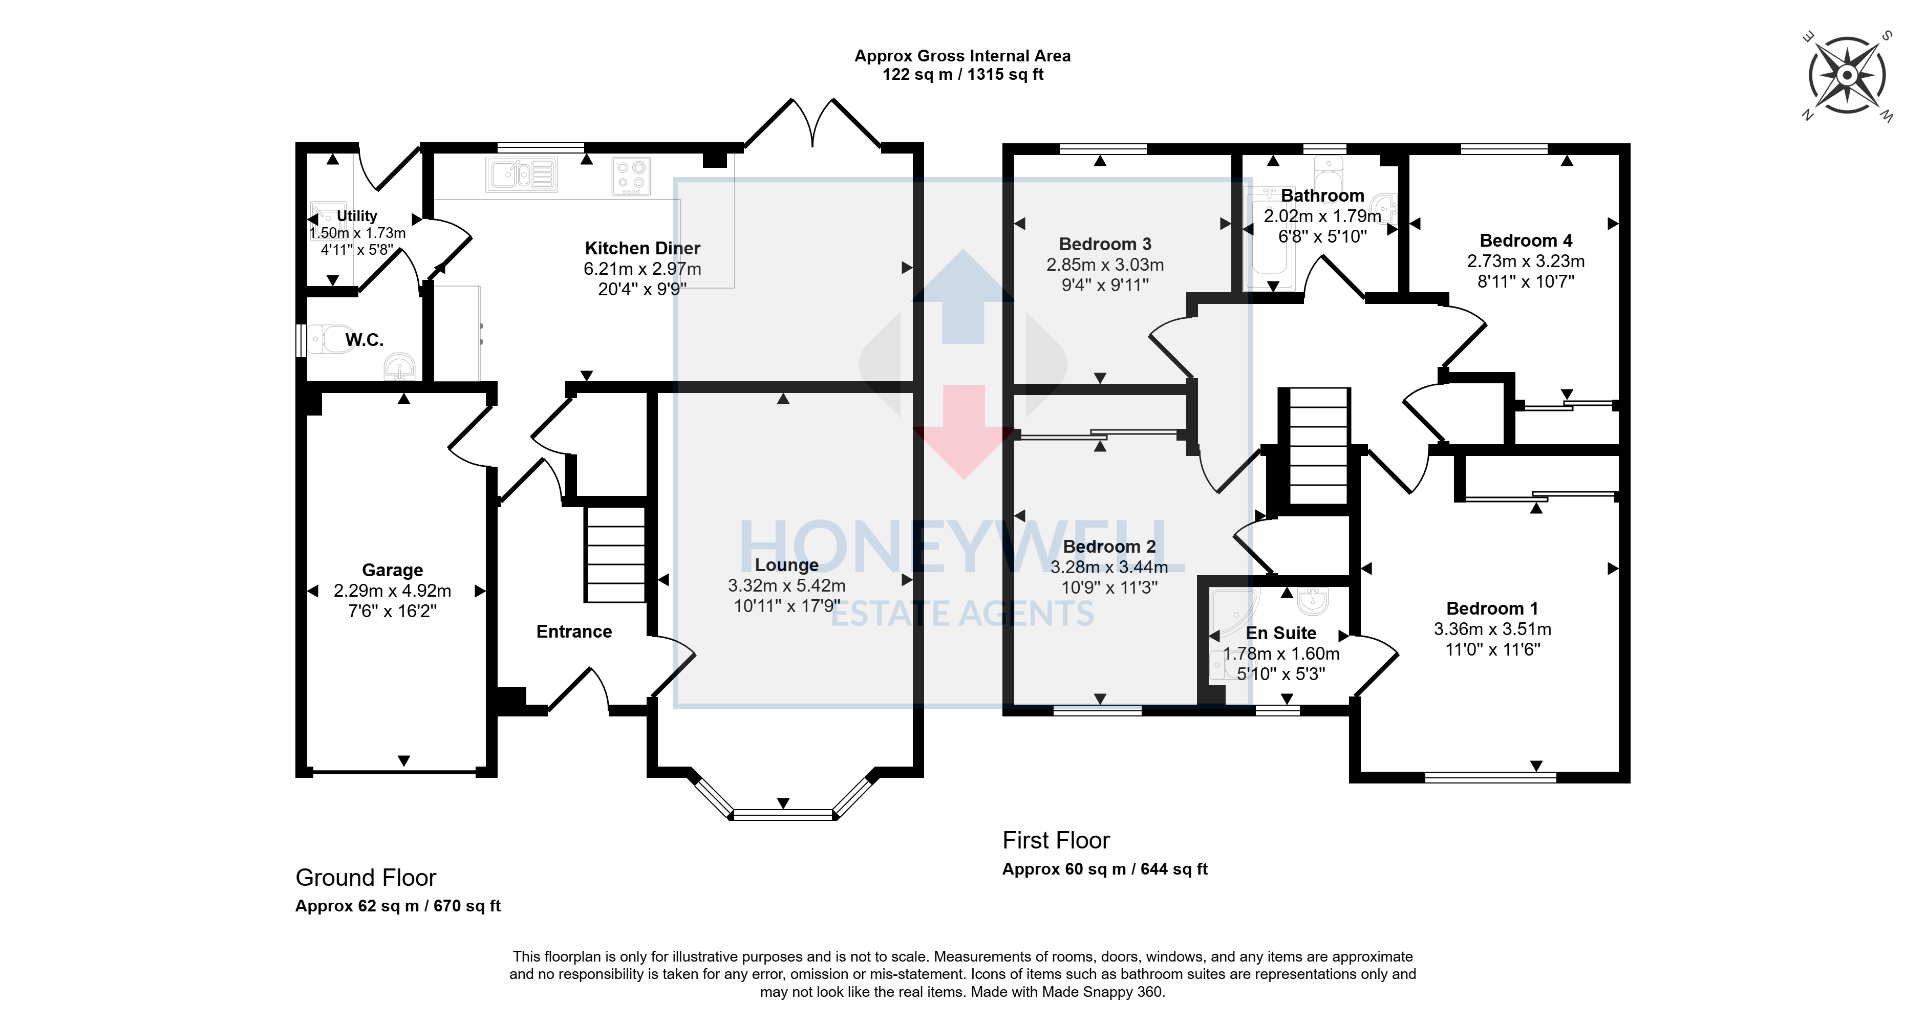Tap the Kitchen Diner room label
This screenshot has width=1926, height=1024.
coord(642,248)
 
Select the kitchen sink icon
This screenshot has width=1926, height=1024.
coord(522,175)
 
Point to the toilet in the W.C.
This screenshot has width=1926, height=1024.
coord(331,339)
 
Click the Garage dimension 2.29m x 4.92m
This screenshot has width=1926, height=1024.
coord(393,591)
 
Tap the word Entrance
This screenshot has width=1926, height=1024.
coord(574,631)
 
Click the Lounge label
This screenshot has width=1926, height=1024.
coord(786,565)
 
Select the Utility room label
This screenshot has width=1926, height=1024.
coord(357,216)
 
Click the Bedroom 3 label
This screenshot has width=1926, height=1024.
coord(1105,245)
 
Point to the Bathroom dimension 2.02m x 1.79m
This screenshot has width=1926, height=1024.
coord(1322,216)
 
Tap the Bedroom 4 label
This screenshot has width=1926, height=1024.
coord(1526,241)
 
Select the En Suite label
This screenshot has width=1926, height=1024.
coord(1281,633)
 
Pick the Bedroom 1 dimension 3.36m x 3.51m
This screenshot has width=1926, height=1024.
coord(1492,629)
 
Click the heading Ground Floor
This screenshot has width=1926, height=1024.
coord(366,878)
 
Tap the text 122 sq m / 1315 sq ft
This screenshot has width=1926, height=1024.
coord(963,75)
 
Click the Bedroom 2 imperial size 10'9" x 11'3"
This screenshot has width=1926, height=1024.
coord(1109,587)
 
